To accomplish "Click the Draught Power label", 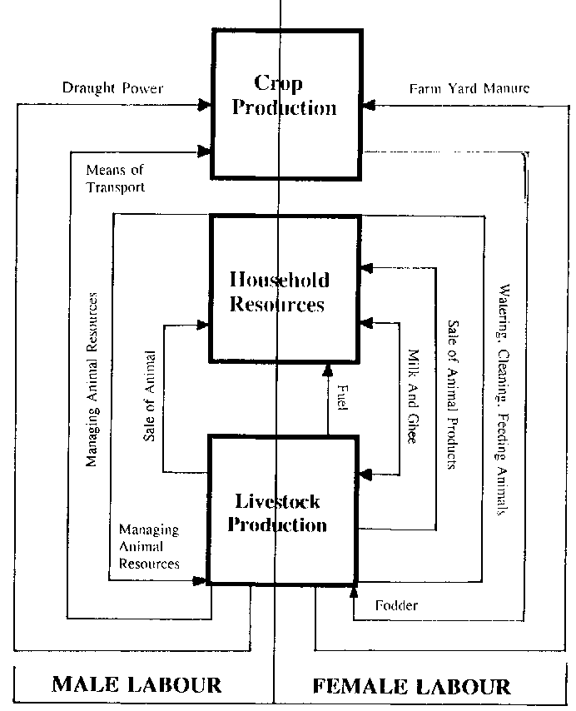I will (x=113, y=87).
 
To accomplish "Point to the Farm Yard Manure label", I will (x=469, y=87).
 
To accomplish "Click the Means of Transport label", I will (x=115, y=179).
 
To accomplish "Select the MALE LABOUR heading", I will (x=137, y=685).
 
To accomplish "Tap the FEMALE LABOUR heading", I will (x=411, y=686).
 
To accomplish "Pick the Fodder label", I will (x=396, y=605).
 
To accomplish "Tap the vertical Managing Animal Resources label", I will (x=93, y=379).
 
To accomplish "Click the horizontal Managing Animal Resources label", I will (x=149, y=546).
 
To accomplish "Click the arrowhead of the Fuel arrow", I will (x=328, y=370).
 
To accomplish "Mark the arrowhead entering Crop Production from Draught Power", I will (x=204, y=106).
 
